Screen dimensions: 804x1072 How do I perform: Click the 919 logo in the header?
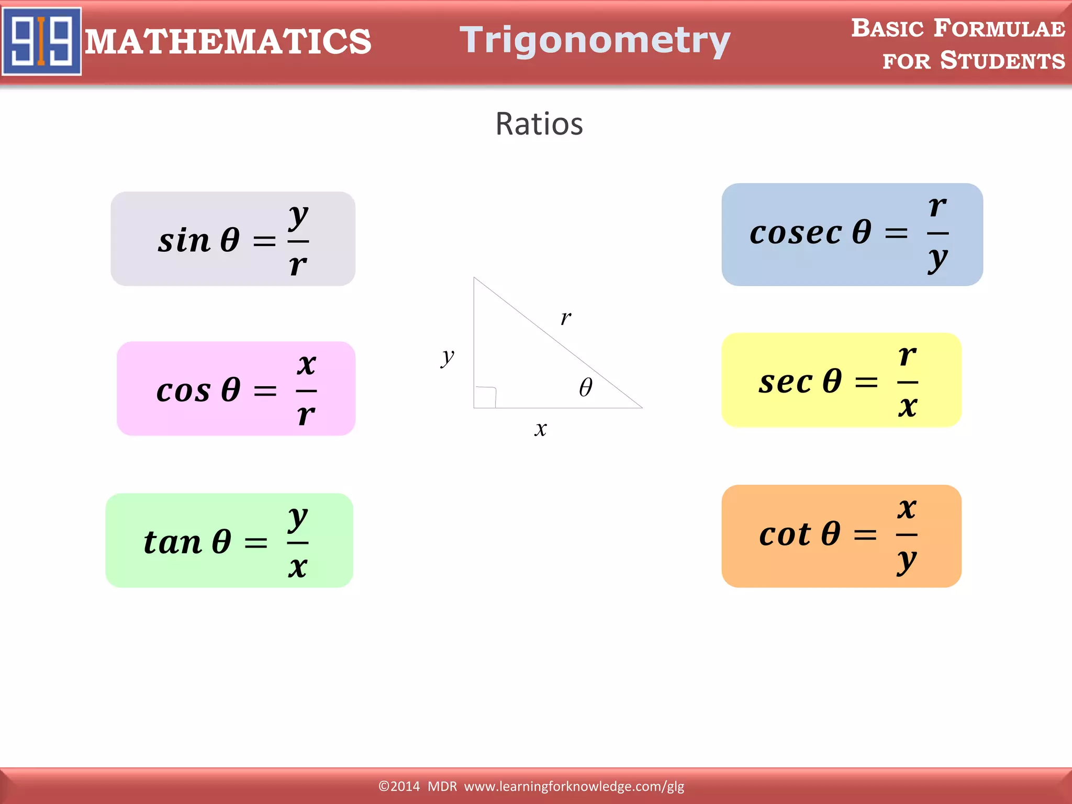pyautogui.click(x=42, y=41)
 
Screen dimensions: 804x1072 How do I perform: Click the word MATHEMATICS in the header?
pyautogui.click(x=228, y=42)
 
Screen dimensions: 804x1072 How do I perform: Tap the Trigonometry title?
pyautogui.click(x=595, y=41)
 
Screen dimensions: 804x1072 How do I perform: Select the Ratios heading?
pyautogui.click(x=539, y=125)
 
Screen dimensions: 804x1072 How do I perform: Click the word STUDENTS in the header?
pyautogui.click(x=1002, y=61)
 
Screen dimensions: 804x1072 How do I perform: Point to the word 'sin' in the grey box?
pyautogui.click(x=184, y=241)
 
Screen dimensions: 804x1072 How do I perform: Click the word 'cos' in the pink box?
pyautogui.click(x=183, y=391)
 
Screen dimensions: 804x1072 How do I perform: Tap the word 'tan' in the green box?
pyautogui.click(x=172, y=542)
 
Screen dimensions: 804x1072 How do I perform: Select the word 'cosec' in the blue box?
pyautogui.click(x=796, y=233)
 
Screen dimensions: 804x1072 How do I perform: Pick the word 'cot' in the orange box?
pyautogui.click(x=785, y=535)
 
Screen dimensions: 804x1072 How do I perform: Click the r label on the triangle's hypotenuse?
pyautogui.click(x=566, y=318)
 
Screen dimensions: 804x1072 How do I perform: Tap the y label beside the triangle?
pyautogui.click(x=448, y=358)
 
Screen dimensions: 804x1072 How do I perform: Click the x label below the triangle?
pyautogui.click(x=541, y=430)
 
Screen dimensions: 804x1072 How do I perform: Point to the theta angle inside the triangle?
pyautogui.click(x=586, y=388)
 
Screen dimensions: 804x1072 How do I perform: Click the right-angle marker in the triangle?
pyautogui.click(x=486, y=397)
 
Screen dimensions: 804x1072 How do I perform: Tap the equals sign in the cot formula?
pyautogui.click(x=865, y=535)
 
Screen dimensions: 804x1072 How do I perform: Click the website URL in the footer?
pyautogui.click(x=574, y=786)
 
